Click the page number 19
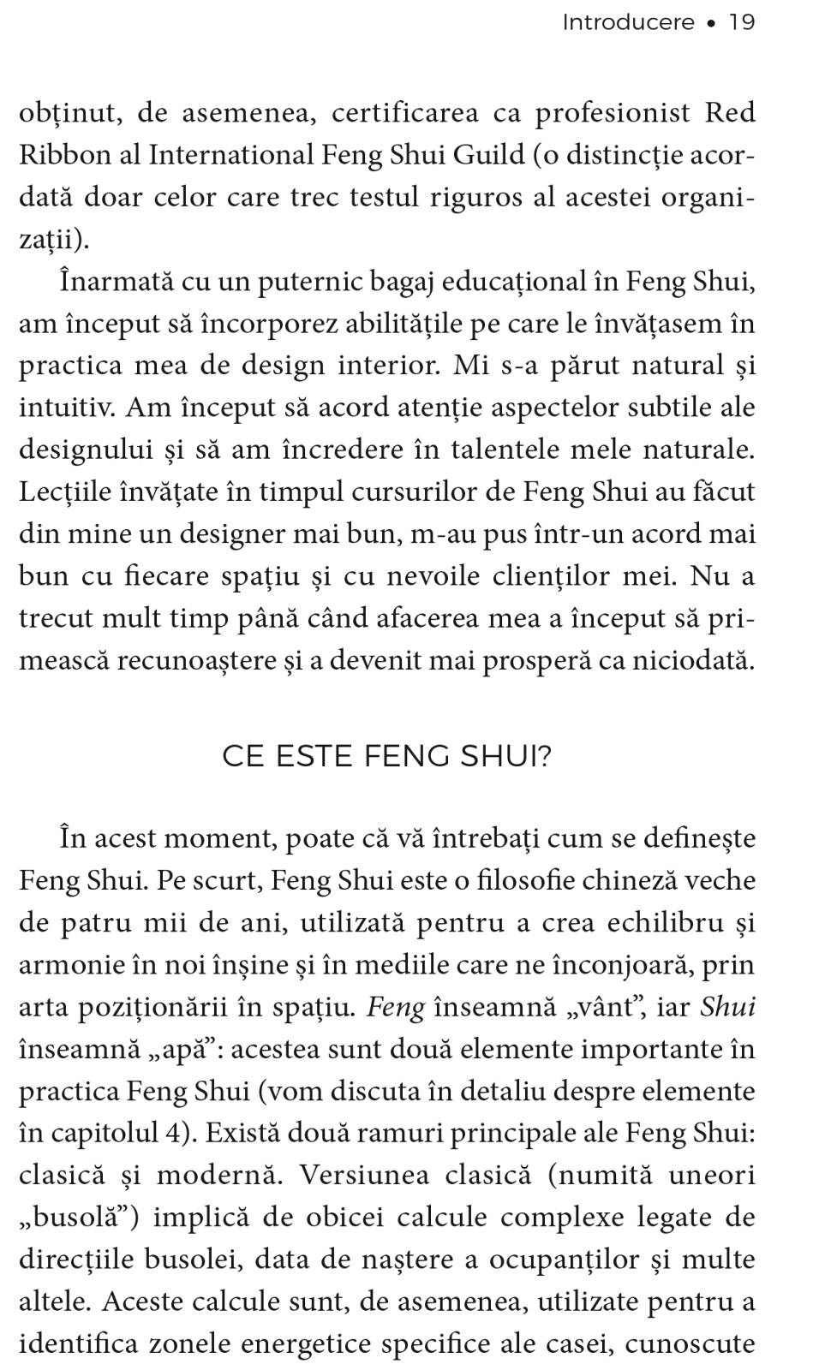[741, 22]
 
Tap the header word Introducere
[628, 22]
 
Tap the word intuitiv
[67, 408]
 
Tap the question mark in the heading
[542, 757]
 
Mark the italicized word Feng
[396, 1007]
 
